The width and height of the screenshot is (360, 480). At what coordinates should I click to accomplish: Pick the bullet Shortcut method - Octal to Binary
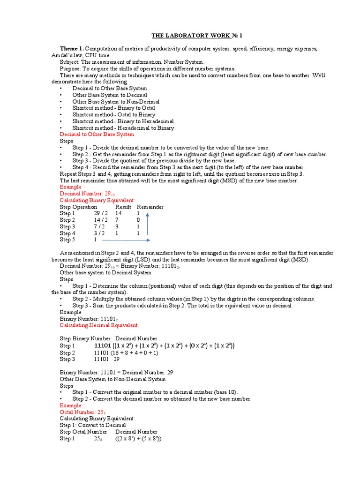113,114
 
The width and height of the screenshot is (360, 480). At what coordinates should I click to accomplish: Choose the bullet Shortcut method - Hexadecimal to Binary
123,127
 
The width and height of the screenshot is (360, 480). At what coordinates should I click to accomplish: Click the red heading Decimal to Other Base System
97,134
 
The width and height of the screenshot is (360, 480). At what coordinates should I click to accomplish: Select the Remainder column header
150,207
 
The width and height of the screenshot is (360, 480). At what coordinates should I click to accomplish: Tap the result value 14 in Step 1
119,213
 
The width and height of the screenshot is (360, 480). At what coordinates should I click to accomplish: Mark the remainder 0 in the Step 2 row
138,220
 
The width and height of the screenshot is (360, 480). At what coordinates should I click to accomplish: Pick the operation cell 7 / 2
99,226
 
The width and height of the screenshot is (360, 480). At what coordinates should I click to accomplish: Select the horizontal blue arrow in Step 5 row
127,240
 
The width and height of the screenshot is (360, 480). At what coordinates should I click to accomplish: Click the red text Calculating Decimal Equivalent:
99,325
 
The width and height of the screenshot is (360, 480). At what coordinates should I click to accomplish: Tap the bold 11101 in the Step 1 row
103,345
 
